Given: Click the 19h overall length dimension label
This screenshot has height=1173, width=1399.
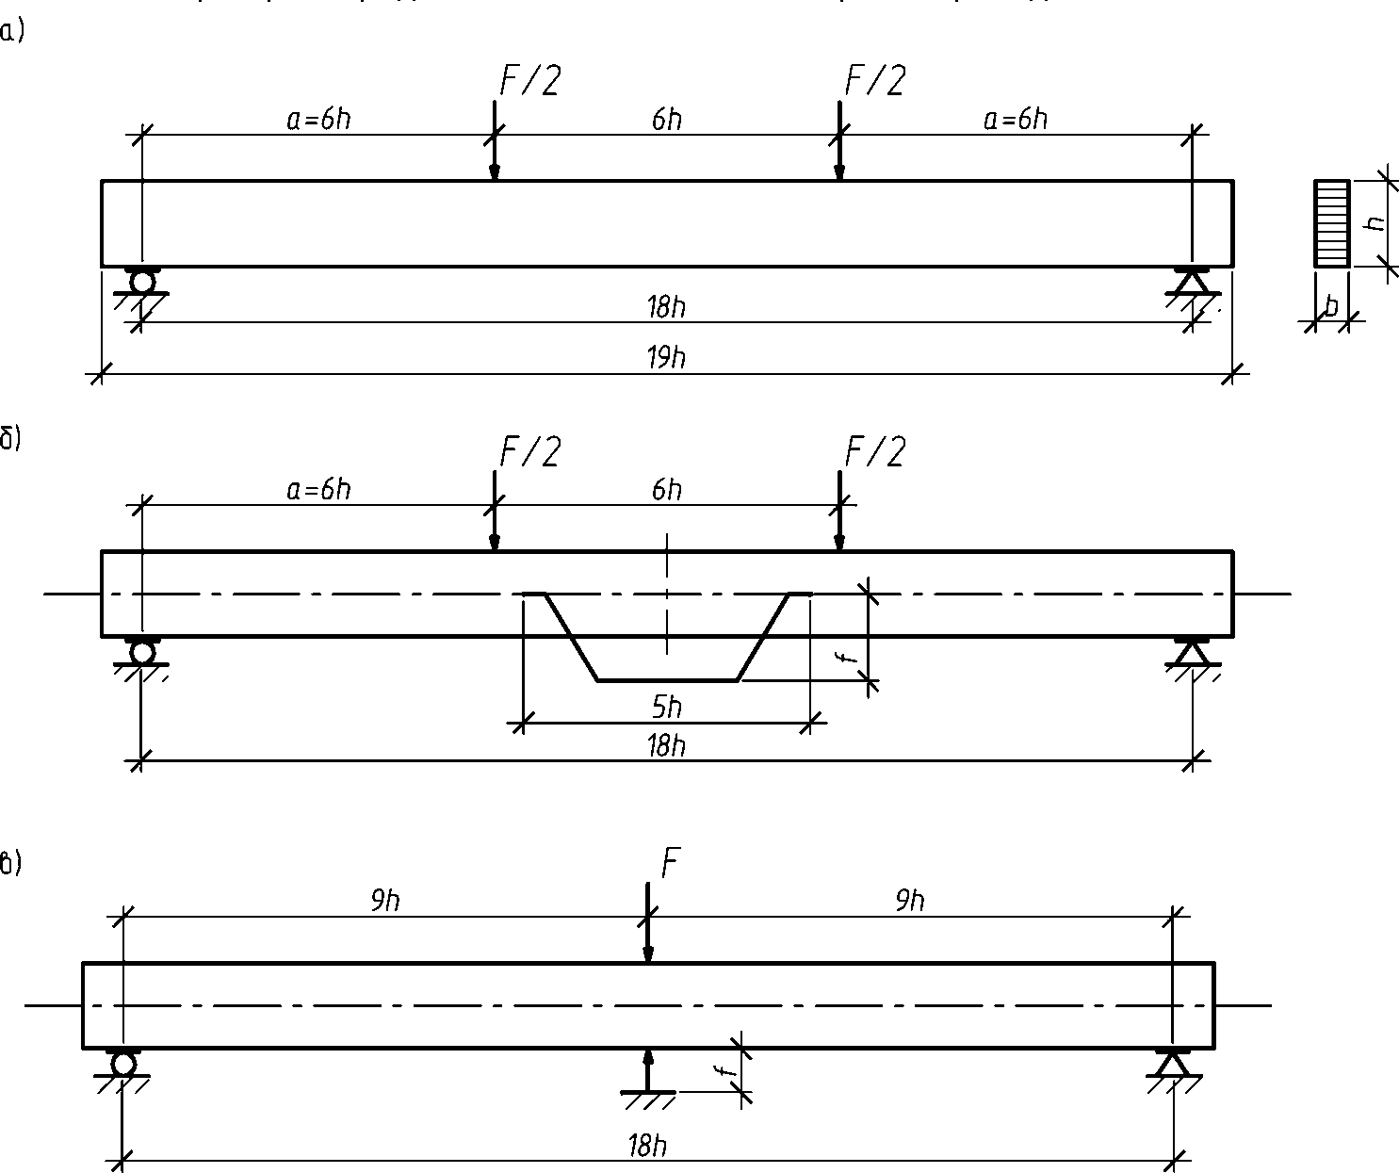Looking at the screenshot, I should click(x=666, y=358).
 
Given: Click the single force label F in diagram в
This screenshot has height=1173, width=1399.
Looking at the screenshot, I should click(x=670, y=863).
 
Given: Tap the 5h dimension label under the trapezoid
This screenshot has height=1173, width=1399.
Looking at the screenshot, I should click(x=666, y=707).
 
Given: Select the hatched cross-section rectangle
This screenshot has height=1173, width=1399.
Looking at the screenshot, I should click(x=1330, y=223).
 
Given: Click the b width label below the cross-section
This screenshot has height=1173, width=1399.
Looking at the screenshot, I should click(x=1331, y=307).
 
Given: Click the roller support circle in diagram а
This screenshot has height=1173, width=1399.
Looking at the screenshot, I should click(x=142, y=282).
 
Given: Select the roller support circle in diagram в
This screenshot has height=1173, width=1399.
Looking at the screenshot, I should click(x=123, y=1064).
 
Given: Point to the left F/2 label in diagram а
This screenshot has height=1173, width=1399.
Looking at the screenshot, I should click(x=529, y=81).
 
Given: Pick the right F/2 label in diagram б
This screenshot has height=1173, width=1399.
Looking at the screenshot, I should click(x=874, y=453).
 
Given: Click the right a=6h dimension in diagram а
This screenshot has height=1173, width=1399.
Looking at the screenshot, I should click(x=1016, y=120).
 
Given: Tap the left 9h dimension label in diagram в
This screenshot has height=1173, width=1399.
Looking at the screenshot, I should click(x=384, y=902).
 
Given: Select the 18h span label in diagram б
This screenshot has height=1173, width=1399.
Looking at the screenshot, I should click(x=666, y=746).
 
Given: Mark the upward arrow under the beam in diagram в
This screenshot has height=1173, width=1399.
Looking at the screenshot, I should click(x=647, y=1069).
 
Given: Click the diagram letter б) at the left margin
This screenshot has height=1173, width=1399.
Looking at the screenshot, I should click(x=9, y=440).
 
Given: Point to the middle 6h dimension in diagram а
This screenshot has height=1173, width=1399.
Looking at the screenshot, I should click(x=666, y=120).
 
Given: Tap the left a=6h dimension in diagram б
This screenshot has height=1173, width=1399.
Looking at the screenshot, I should click(x=318, y=490).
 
